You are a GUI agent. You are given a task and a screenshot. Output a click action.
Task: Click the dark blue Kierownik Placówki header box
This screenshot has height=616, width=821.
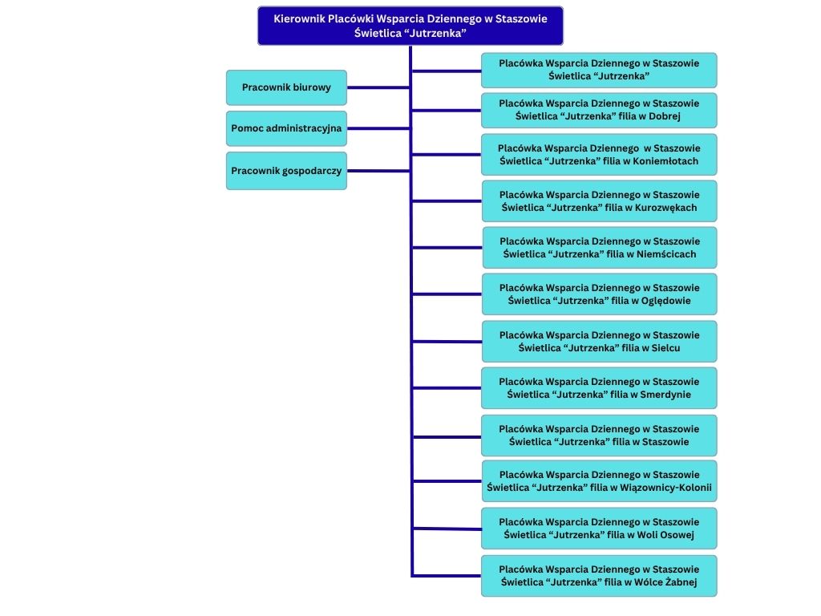(410, 26)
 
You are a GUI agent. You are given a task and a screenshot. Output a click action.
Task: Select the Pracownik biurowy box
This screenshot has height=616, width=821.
(286, 87)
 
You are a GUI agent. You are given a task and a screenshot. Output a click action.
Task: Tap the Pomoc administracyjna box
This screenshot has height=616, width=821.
(286, 128)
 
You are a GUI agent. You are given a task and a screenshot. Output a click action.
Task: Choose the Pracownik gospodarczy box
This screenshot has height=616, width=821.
(286, 171)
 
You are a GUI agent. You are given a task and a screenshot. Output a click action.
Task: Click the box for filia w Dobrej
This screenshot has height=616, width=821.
(599, 110)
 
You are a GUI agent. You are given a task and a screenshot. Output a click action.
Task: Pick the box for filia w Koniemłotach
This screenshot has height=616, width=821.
(599, 155)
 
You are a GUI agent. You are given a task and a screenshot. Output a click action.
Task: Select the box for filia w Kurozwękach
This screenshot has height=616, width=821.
(599, 201)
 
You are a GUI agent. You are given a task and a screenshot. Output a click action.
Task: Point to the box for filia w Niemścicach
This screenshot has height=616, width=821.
(599, 248)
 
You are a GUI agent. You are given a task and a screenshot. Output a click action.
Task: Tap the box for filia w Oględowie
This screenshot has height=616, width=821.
(599, 294)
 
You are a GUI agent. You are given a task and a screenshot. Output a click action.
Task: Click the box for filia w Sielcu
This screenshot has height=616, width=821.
(599, 342)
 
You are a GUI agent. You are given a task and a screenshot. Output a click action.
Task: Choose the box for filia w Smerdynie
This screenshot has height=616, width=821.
(599, 388)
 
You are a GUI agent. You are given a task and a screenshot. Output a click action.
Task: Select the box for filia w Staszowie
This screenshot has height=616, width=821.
(599, 436)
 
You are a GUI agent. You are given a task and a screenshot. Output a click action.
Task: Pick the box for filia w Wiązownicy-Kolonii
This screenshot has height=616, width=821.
(599, 481)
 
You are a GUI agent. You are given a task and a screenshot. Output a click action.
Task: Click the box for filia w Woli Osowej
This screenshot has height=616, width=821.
(599, 529)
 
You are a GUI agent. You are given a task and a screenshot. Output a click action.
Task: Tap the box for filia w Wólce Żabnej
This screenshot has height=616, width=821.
(599, 576)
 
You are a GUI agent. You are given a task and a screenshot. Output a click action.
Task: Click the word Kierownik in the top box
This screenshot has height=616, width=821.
(299, 18)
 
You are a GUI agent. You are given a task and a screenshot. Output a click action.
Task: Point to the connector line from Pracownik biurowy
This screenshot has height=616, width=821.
(378, 87)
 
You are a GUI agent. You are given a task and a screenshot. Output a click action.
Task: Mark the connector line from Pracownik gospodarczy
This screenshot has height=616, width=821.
(378, 170)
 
